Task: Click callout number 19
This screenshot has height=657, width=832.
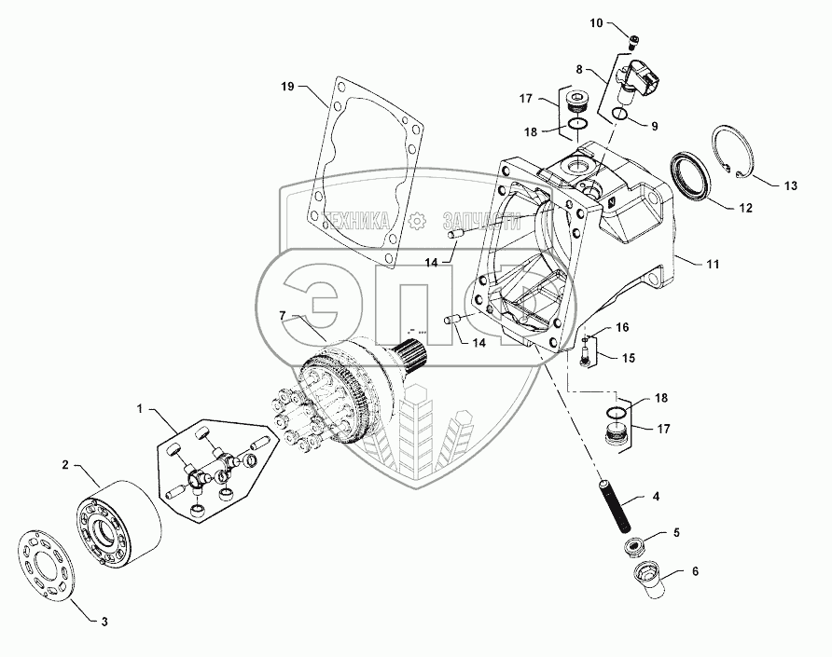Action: [287, 86]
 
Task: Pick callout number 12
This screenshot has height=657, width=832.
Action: [746, 209]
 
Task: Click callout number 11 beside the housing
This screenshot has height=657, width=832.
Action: [713, 265]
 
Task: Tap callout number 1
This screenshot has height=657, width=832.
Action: [141, 409]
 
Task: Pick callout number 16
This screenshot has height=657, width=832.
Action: [622, 327]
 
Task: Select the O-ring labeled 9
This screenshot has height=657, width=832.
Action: [621, 116]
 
